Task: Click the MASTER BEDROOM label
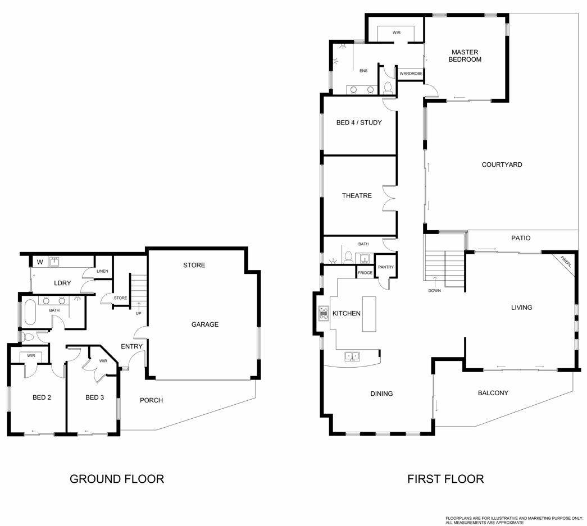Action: [465, 56]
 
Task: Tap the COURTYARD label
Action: [502, 164]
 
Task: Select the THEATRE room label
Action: [357, 196]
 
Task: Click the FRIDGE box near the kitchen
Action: [365, 273]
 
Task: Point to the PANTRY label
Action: [385, 267]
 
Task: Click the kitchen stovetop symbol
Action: [324, 313]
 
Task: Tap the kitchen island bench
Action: [368, 314]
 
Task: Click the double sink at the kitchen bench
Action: [352, 356]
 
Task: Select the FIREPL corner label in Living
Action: [566, 261]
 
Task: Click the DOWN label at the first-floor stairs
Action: [434, 291]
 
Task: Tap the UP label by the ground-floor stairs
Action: [139, 313]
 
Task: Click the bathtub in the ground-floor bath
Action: [30, 313]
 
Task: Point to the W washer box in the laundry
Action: [40, 262]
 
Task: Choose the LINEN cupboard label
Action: [102, 271]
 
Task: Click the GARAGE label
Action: [205, 324]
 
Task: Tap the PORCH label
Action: [151, 400]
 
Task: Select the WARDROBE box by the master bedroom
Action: [411, 74]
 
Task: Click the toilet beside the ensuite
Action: [388, 88]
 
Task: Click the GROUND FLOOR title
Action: [117, 479]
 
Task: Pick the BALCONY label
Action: [493, 393]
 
